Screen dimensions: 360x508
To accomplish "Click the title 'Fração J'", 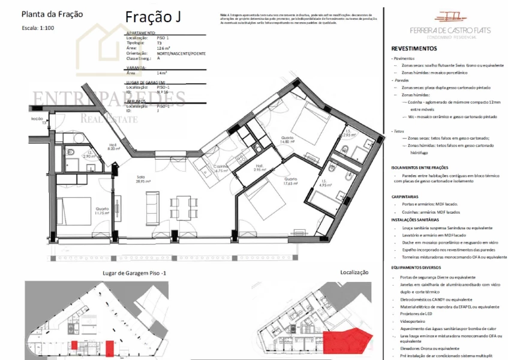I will pos(153,17).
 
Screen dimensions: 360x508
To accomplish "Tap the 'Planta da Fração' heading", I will pos(52,14).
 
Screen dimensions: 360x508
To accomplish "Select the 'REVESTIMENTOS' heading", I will pos(414,49).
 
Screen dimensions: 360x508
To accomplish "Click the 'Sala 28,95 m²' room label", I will pos(143,179).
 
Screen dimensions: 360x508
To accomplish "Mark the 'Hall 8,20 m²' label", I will pos(113,146).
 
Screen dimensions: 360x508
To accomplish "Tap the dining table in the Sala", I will pos(182,208).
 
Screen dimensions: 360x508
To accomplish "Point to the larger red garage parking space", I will pos(110,347).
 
